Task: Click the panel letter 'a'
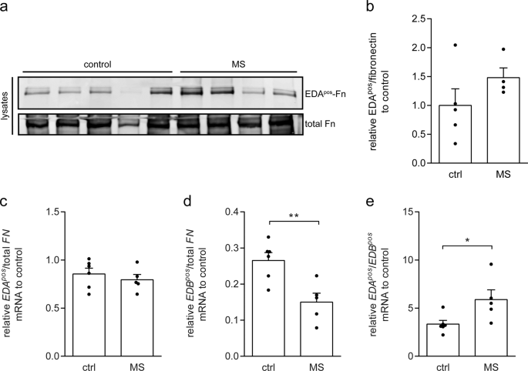click(x=5, y=6)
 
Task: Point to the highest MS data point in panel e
click(x=489, y=265)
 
